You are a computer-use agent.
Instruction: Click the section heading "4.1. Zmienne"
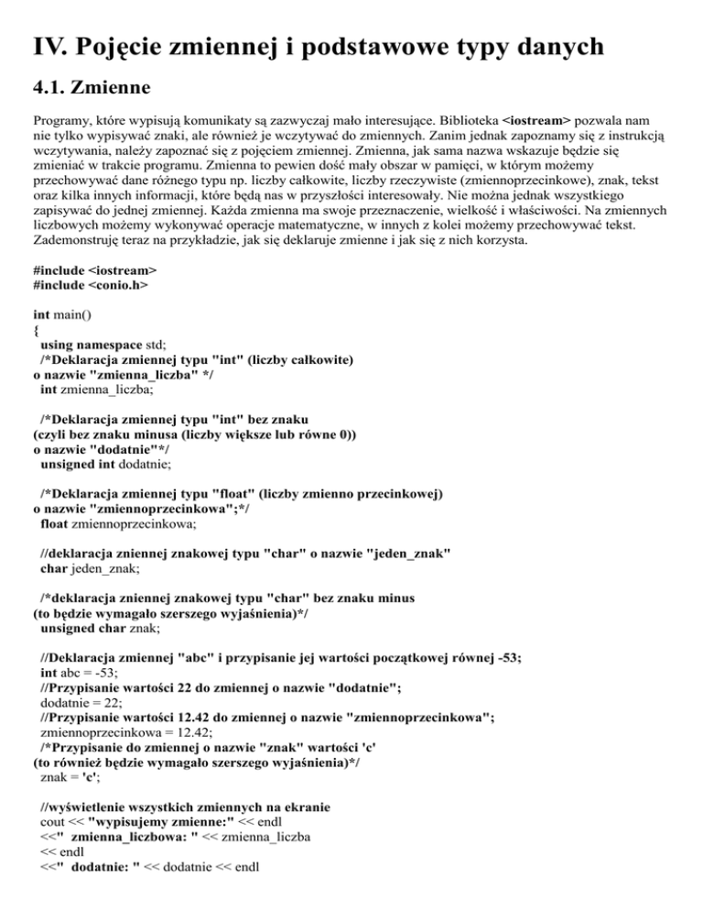(x=92, y=90)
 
